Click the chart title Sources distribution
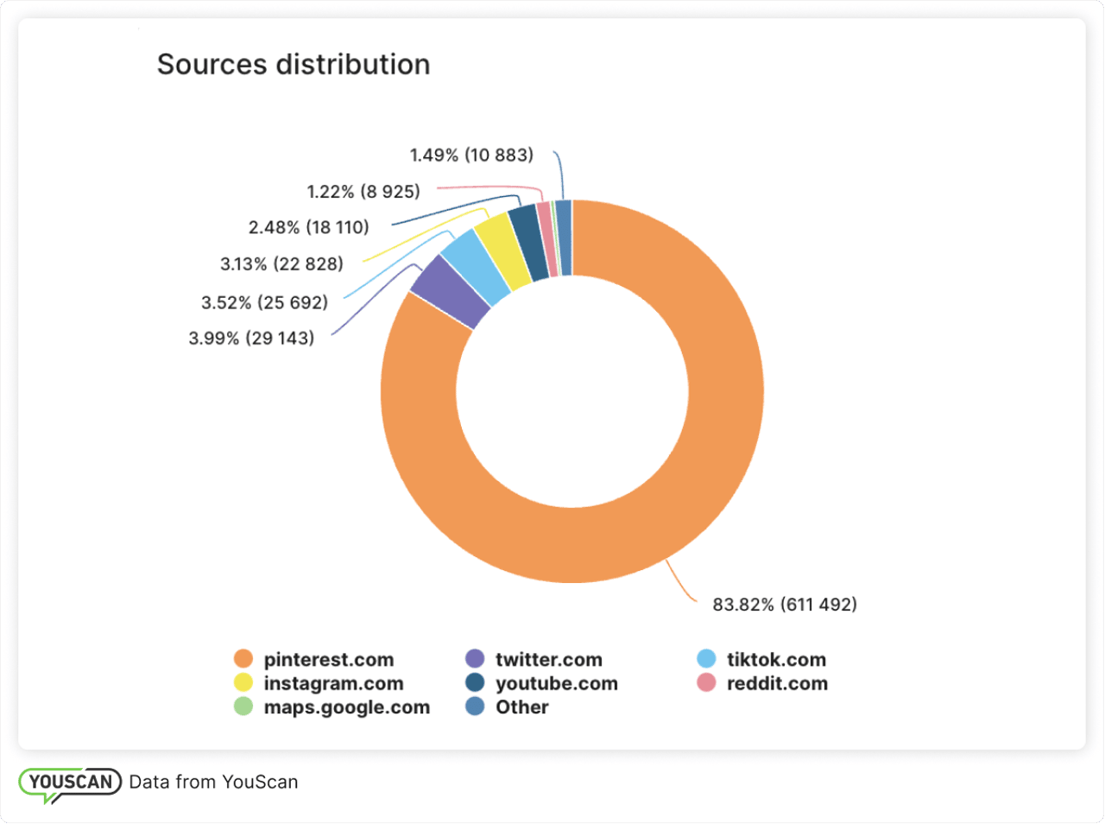click(x=293, y=65)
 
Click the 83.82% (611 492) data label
click(x=784, y=605)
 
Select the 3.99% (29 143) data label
click(x=251, y=339)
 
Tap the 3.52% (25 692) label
click(x=264, y=302)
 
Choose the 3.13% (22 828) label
click(x=281, y=264)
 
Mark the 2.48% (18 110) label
click(x=308, y=227)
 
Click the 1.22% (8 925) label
click(x=363, y=192)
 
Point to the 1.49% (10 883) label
click(x=471, y=155)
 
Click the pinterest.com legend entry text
click(x=328, y=660)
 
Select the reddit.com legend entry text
click(x=777, y=684)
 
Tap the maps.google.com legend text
click(x=346, y=707)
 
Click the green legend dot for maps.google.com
click(x=243, y=707)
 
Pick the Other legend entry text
click(x=521, y=707)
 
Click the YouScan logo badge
click(x=70, y=783)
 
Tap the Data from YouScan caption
click(x=213, y=783)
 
